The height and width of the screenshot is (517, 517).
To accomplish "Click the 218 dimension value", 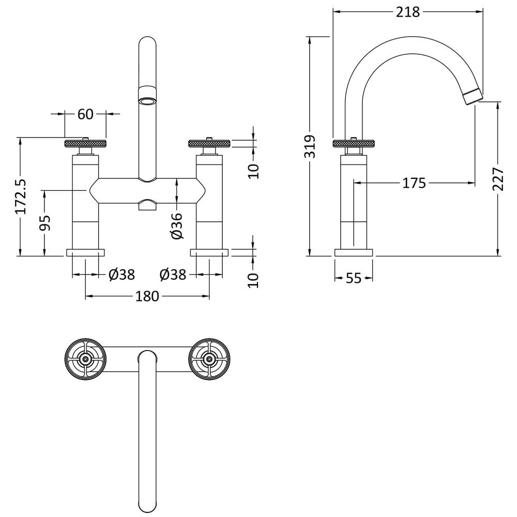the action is pos(408,12).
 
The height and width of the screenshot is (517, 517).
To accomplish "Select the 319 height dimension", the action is pos(310,146).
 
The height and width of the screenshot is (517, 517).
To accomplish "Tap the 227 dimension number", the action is pos(498,179).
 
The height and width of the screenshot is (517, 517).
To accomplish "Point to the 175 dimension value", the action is pos(414,183).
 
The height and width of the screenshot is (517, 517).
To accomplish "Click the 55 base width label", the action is pos(354,278).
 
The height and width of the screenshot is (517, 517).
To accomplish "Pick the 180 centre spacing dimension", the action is pos(147,296).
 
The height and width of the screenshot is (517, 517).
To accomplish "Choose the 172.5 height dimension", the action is pos(21,197).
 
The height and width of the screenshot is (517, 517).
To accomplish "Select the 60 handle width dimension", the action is pos(85,114).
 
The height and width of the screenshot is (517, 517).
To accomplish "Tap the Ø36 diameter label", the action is pos(177,226).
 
